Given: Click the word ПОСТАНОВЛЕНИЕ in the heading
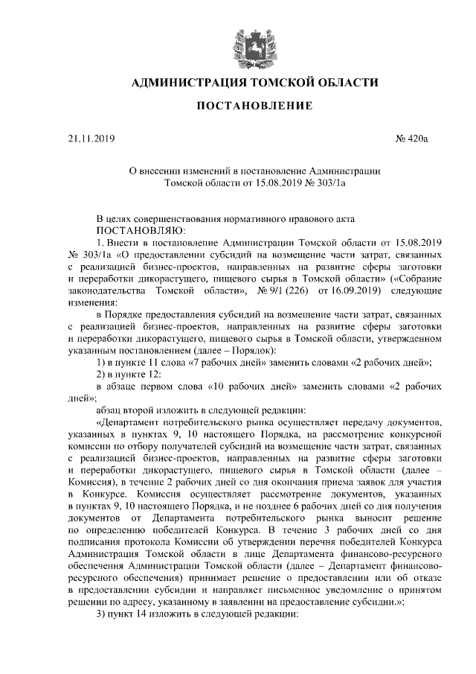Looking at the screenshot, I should [x=253, y=107].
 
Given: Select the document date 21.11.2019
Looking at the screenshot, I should [x=88, y=138].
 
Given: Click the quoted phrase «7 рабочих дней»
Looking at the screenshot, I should [x=226, y=363].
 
